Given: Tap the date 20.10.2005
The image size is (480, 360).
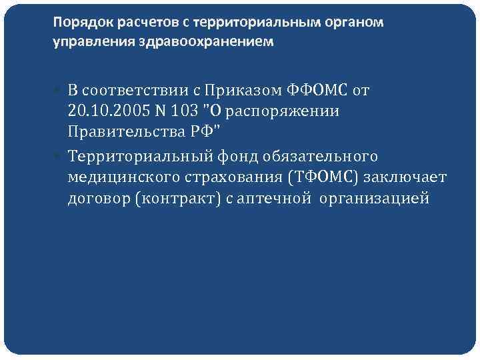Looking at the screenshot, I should [102, 111].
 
